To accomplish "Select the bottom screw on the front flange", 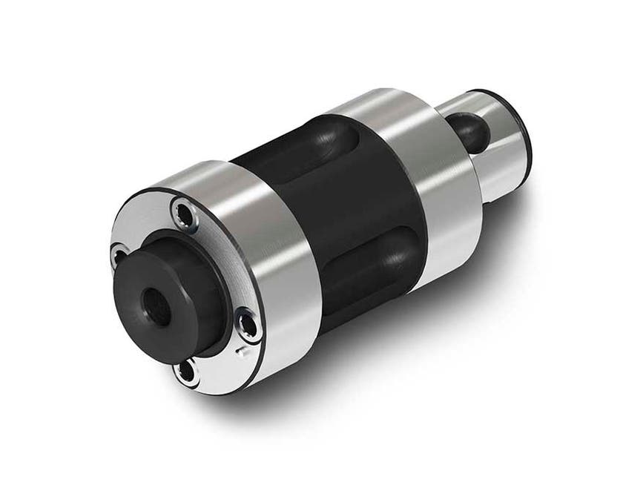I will pyautogui.click(x=186, y=369).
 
